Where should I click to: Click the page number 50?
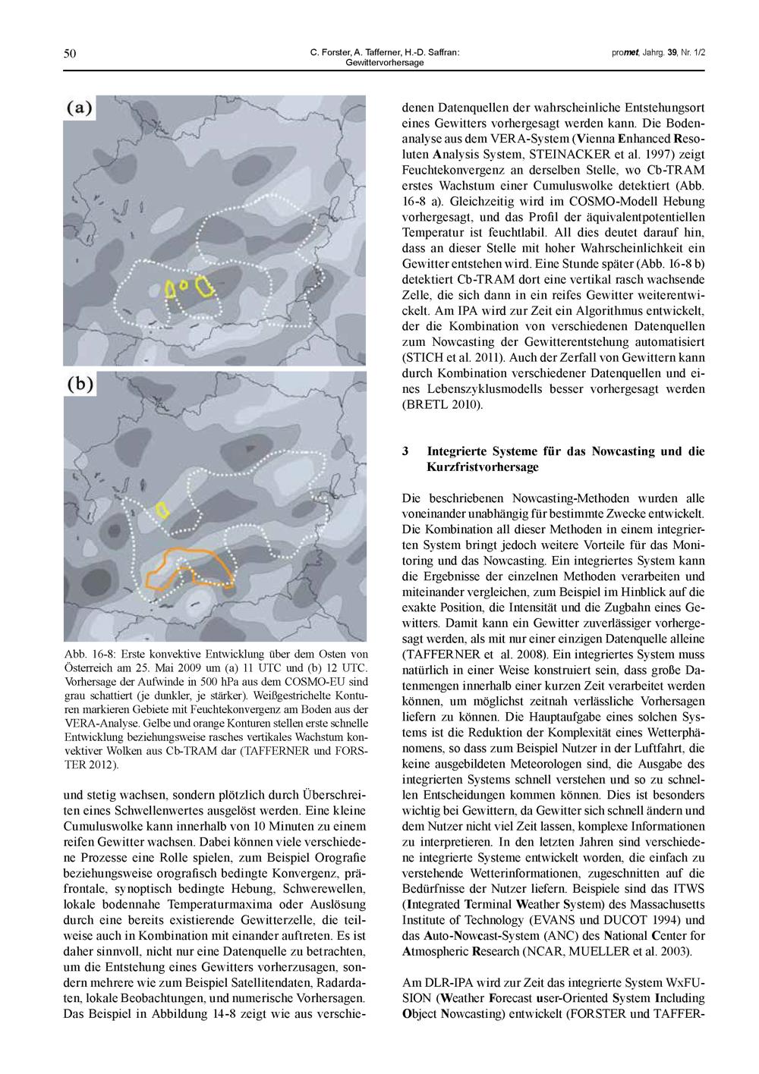70,53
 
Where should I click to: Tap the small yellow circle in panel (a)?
184,286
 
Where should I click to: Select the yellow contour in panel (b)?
162,509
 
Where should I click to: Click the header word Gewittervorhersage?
384,62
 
